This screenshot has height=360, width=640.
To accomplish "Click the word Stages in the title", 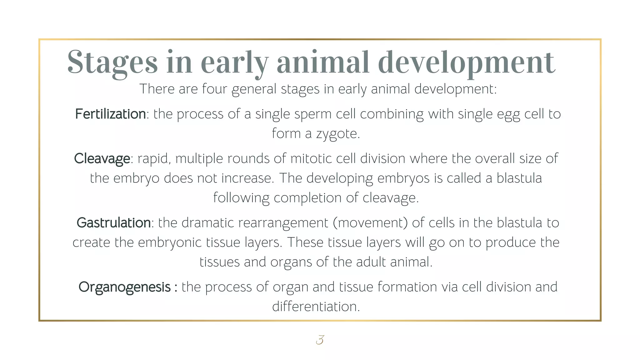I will point(112,62).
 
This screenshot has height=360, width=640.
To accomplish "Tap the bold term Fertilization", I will point(110,114).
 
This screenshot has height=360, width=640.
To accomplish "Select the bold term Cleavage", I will point(102,159).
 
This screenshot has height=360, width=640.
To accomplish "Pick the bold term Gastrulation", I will point(114,223).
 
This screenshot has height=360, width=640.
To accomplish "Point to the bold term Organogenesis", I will point(124,287).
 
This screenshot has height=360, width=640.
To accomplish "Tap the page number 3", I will point(320,340).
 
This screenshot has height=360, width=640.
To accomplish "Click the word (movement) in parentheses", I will point(370,223).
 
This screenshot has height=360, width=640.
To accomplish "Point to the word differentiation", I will point(316,307).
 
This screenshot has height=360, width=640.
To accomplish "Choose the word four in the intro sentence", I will point(215,89).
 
